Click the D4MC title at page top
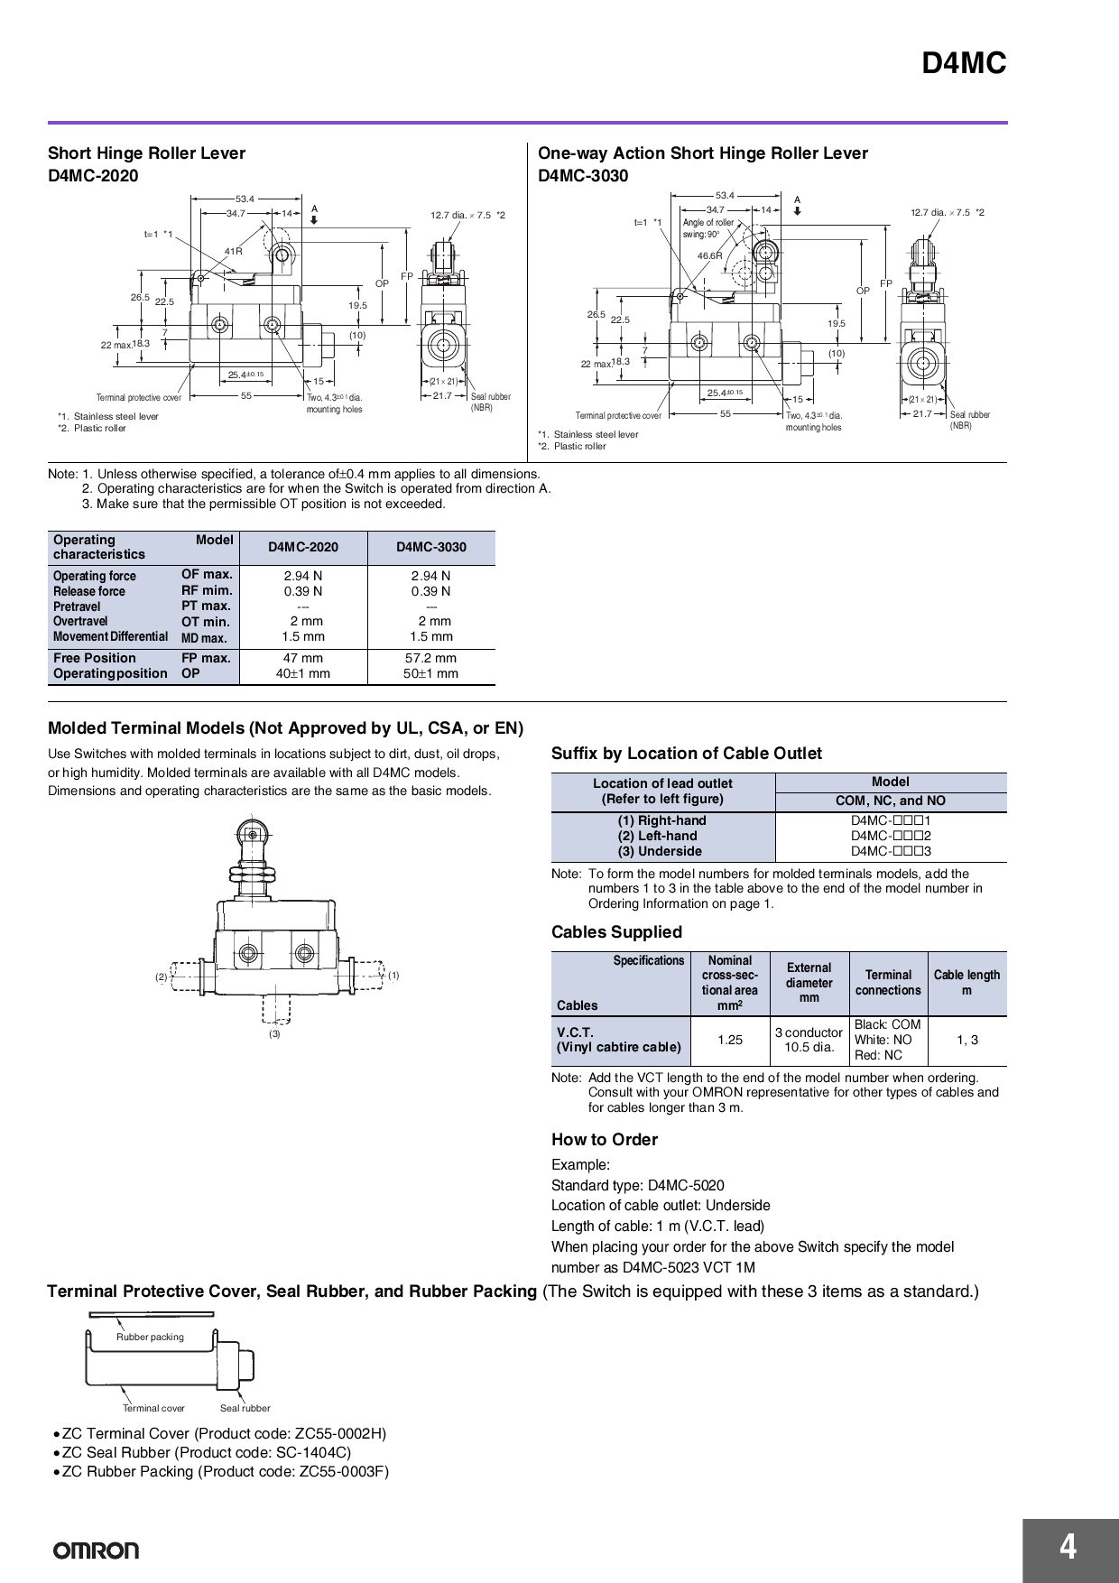tap(963, 64)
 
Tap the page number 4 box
tap(1068, 1549)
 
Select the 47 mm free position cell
tap(302, 658)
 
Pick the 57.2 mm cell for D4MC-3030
tap(430, 658)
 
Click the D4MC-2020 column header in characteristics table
tap(303, 547)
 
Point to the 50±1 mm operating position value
tap(430, 673)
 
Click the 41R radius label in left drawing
tap(233, 251)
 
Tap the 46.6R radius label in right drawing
tap(710, 255)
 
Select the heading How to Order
tap(605, 1139)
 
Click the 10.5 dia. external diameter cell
tap(809, 1047)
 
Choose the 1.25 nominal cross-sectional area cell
tap(730, 1040)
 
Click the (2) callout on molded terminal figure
tap(161, 977)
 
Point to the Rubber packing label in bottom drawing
tap(150, 1337)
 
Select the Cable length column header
tap(966, 982)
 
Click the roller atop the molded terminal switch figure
tap(247, 829)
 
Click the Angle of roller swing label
tap(707, 227)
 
